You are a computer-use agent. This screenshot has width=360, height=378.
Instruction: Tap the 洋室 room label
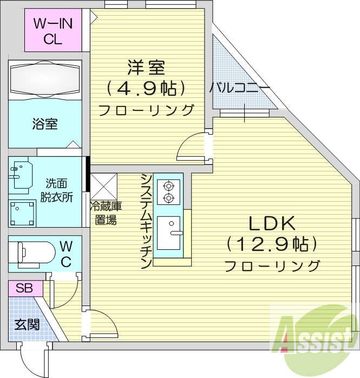tap(146, 68)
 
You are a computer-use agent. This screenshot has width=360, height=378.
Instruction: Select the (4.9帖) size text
tap(146, 88)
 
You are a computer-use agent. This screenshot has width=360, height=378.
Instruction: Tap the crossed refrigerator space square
tap(103, 186)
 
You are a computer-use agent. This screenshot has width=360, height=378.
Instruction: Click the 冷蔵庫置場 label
tap(105, 213)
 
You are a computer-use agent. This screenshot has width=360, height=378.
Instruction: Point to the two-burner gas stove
tap(168, 191)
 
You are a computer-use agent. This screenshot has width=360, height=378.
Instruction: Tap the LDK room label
tap(271, 223)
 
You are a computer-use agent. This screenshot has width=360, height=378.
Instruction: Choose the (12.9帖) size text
tap(272, 244)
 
